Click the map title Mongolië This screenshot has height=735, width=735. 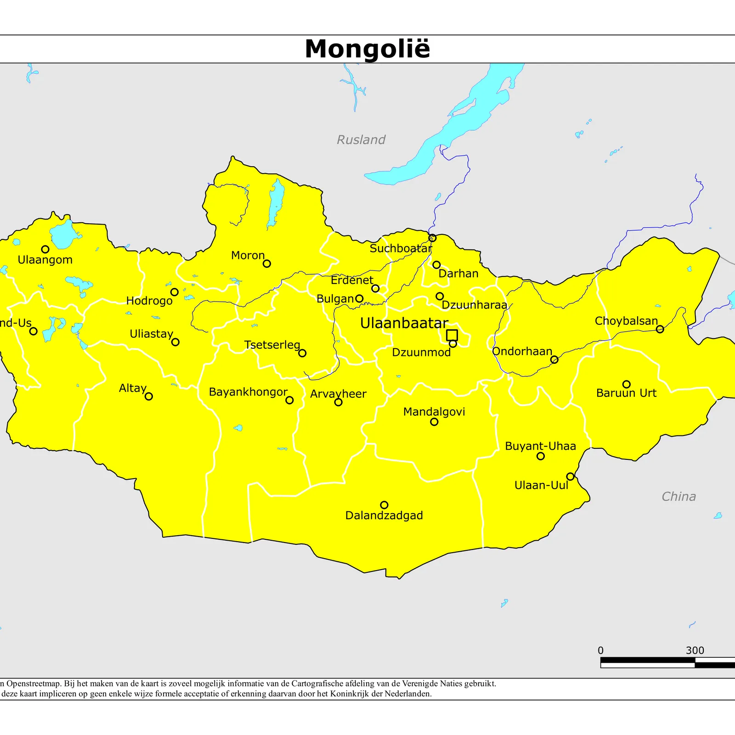tap(367, 49)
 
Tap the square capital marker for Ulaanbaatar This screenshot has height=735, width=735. tap(452, 335)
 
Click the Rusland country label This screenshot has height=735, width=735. tap(361, 140)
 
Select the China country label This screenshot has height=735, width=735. tap(678, 497)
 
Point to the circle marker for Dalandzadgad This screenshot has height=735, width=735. tap(384, 505)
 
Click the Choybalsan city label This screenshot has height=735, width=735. tap(626, 321)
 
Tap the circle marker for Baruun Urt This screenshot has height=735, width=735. tap(627, 384)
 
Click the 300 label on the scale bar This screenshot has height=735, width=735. tap(695, 650)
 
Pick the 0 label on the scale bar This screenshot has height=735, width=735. tap(600, 650)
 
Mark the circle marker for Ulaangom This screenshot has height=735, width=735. tap(45, 249)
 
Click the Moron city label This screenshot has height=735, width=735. tap(248, 255)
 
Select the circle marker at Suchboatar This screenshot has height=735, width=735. tap(432, 238)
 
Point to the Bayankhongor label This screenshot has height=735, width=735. tap(248, 392)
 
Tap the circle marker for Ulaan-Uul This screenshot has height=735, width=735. tap(570, 476)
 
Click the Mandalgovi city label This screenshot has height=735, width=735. tap(434, 412)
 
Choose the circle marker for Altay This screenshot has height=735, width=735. tap(149, 396)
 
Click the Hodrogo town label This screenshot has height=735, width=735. tap(149, 301)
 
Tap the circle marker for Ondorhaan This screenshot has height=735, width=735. tap(554, 359)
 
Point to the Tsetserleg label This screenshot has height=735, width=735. tap(272, 345)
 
